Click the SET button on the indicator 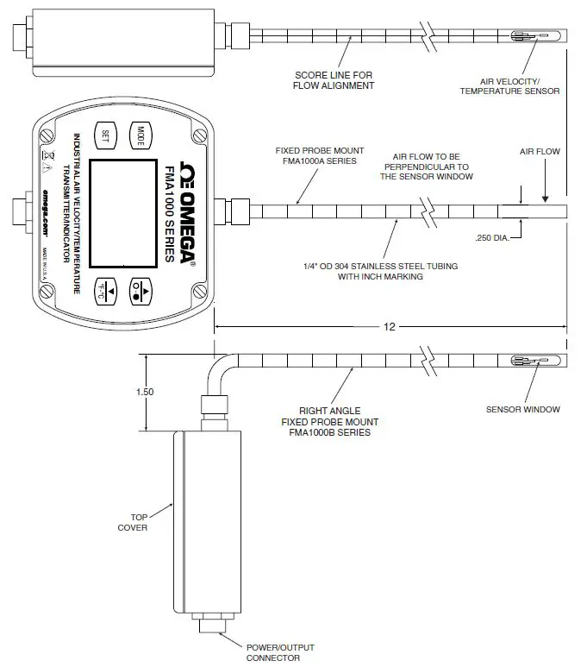point(104,135)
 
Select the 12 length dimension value point(390,326)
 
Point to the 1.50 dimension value point(146,392)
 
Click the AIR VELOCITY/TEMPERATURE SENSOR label point(510,85)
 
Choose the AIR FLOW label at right point(540,152)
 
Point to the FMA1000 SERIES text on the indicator point(160,211)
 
